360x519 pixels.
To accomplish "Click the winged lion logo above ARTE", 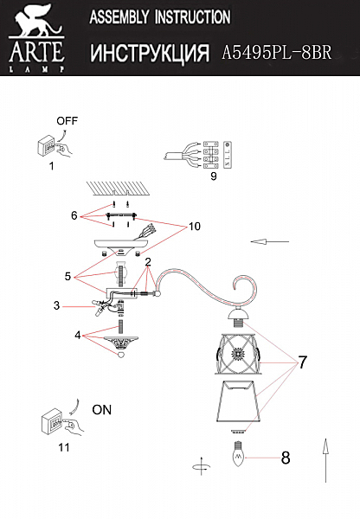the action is (35, 21).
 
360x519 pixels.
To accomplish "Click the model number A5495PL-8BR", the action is (277, 52).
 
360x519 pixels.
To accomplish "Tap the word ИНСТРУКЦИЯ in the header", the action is (150, 53).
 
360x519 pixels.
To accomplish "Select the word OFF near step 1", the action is (67, 121).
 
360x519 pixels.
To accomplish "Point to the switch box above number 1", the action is (47, 145).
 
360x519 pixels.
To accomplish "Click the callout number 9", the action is (214, 176).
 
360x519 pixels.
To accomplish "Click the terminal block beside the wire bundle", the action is (210, 155).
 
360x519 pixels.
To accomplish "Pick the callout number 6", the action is (74, 215).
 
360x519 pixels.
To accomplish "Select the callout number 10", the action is (195, 227).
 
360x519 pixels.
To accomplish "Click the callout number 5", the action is (67, 277).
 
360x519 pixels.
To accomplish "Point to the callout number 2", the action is (148, 262).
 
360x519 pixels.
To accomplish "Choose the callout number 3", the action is (56, 305).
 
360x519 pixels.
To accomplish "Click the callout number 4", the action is (78, 336).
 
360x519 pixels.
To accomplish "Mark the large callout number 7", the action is (303, 362).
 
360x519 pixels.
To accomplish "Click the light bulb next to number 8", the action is (239, 454).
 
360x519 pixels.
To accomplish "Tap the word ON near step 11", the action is (101, 410).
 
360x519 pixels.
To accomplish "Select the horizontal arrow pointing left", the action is (270, 242).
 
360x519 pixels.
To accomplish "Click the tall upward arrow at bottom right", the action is (326, 460).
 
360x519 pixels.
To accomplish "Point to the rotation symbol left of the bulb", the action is (201, 466).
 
